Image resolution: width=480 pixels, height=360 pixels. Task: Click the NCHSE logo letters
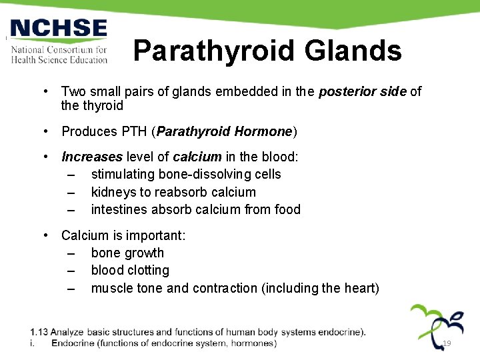[58, 29]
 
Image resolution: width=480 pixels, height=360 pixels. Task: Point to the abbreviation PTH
[135, 131]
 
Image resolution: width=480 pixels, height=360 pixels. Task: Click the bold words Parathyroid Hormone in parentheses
[225, 131]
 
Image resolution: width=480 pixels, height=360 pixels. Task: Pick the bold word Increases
[92, 157]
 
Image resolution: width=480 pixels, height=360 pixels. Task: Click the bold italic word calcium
[197, 157]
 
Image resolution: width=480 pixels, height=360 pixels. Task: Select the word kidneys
[112, 192]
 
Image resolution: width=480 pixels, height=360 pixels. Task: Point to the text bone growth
[127, 253]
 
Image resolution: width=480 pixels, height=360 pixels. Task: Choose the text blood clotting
[130, 270]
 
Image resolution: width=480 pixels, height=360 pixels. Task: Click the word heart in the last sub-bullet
[361, 288]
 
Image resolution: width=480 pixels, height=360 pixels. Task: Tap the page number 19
[447, 343]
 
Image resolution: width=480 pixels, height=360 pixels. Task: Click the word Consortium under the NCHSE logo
[73, 50]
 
